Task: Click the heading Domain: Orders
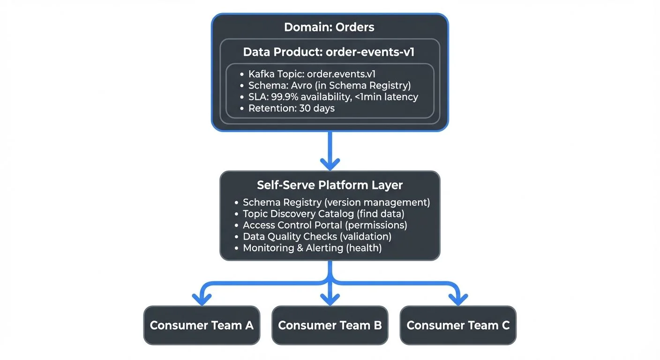[329, 27]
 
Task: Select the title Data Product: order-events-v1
[329, 52]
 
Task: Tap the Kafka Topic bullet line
[312, 74]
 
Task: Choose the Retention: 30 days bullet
[291, 108]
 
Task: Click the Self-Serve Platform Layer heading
[330, 185]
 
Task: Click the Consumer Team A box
[202, 325]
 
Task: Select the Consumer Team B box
[330, 325]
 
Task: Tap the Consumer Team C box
[458, 325]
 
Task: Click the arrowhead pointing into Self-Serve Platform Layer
[330, 164]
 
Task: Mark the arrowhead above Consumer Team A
[202, 299]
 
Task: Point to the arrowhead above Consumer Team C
[458, 299]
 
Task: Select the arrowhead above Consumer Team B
[330, 299]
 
